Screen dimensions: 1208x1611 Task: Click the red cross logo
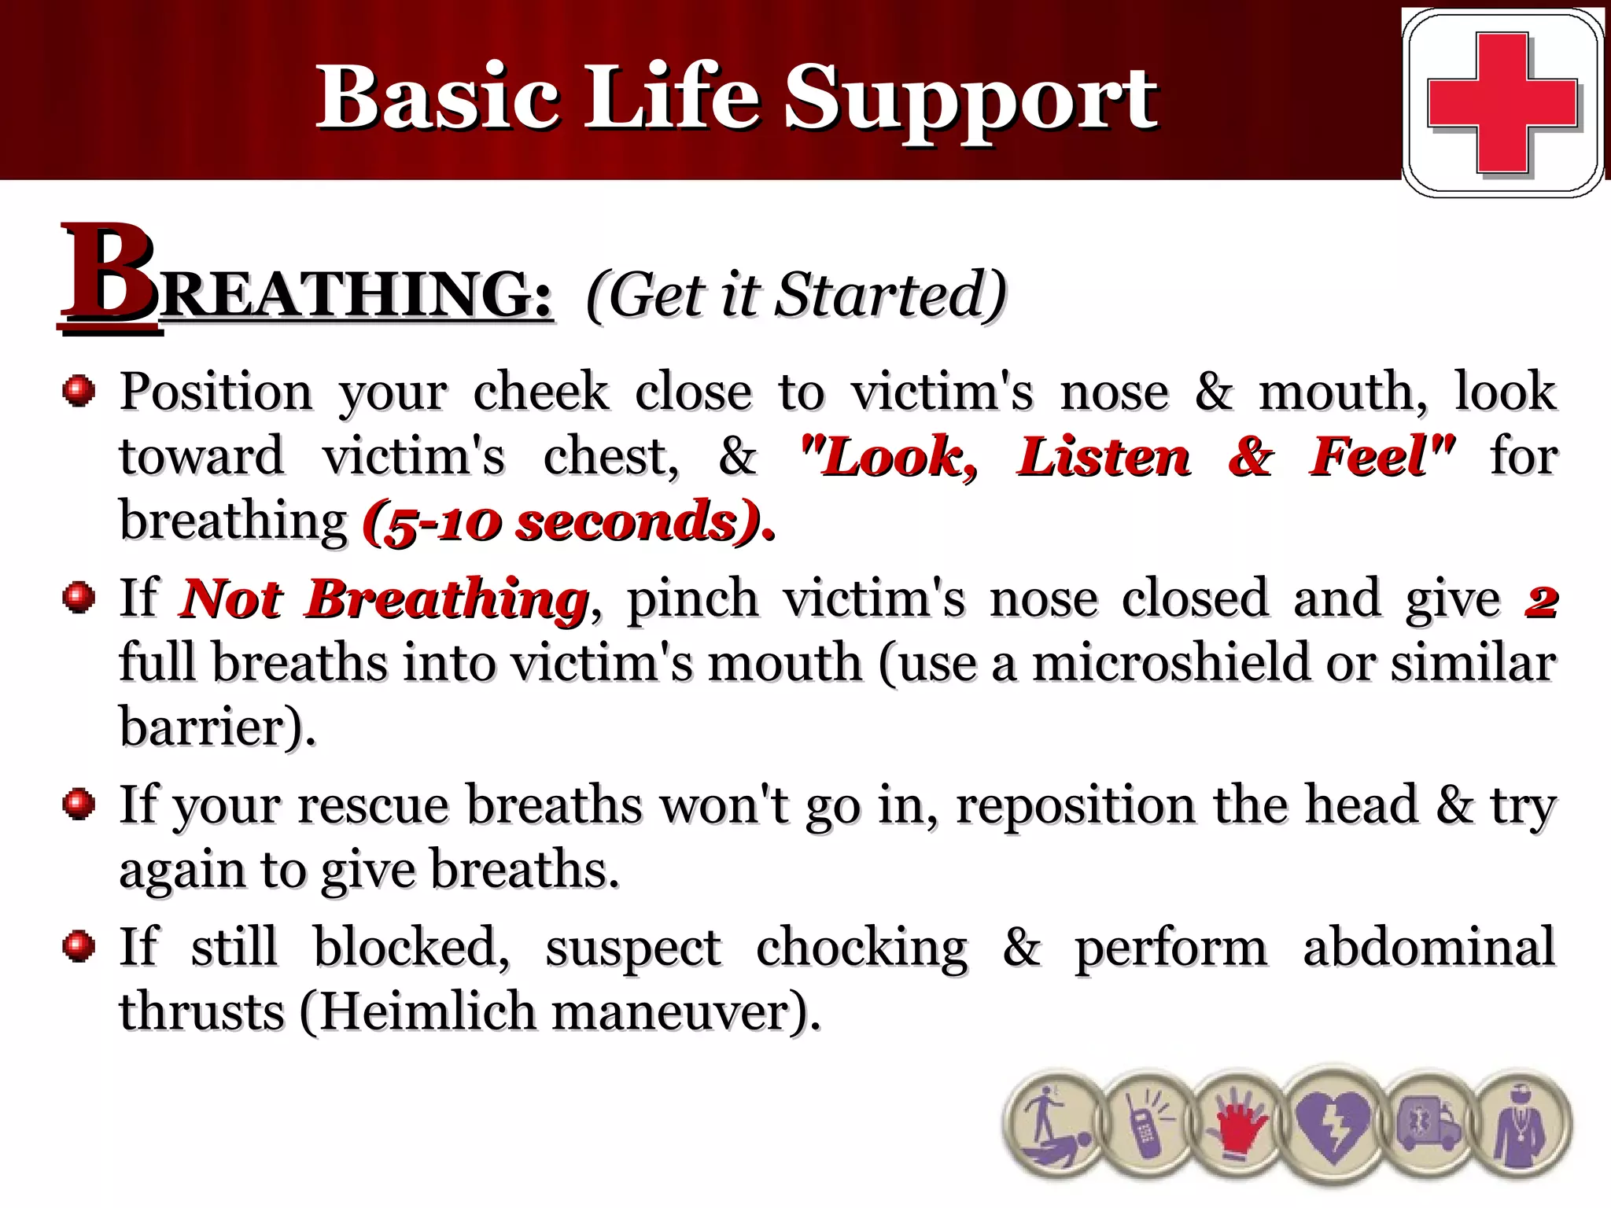[1502, 102]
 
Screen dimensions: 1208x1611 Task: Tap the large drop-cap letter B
[107, 275]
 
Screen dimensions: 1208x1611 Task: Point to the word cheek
[541, 391]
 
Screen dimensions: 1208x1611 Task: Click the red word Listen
[1103, 456]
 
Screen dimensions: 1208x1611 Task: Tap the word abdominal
[1429, 947]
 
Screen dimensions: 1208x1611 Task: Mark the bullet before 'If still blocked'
[79, 945]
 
